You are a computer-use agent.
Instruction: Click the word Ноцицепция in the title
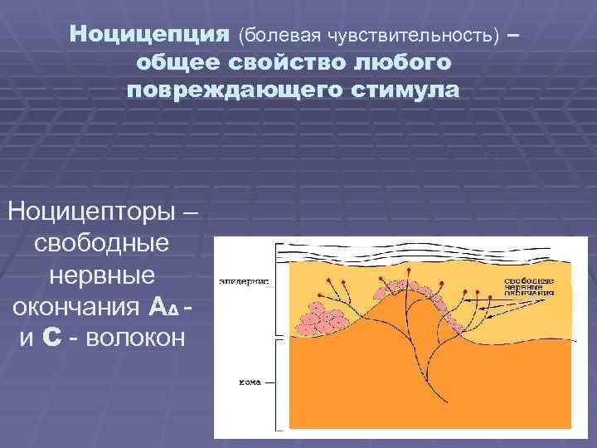[148, 35]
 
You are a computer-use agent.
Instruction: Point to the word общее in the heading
[178, 62]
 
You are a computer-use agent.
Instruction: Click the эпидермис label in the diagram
[243, 281]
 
